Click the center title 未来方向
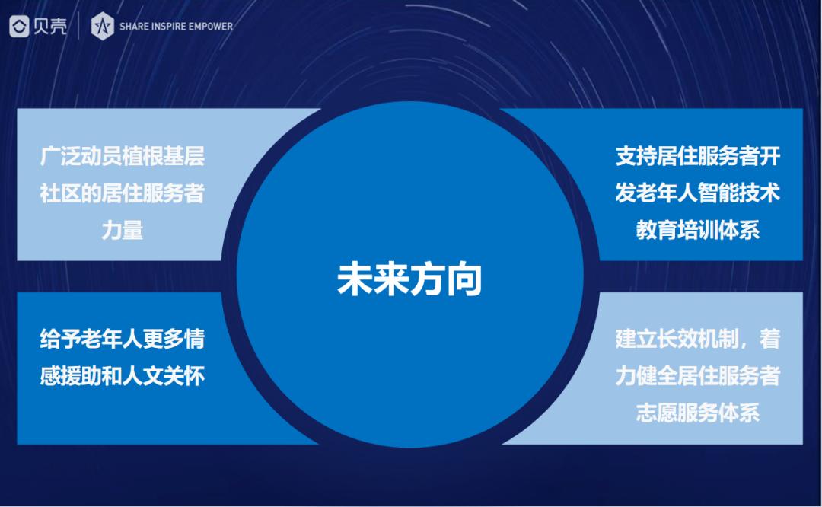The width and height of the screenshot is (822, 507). point(409,279)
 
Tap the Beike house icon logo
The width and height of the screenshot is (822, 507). point(19,26)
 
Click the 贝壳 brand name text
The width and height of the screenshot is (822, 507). point(50,26)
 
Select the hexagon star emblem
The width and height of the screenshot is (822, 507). point(102,26)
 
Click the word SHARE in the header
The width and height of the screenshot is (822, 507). point(134,26)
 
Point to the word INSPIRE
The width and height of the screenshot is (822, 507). point(168,26)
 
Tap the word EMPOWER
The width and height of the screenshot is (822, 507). point(211,26)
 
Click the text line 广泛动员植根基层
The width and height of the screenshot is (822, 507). point(122,156)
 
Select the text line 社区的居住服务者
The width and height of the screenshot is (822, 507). point(122,193)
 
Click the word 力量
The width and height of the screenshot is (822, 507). point(122,230)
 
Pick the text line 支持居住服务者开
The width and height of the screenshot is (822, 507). point(698,156)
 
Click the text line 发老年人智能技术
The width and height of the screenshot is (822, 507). point(698,193)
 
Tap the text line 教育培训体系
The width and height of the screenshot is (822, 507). point(698,230)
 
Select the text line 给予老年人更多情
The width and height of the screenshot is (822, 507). point(122,340)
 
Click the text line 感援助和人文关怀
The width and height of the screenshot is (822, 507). point(122,376)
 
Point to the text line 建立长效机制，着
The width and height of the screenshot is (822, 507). point(698,340)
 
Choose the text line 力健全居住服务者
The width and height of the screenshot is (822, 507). point(698,376)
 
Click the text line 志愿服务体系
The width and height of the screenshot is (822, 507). point(698,413)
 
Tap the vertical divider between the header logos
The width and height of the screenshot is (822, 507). point(78,26)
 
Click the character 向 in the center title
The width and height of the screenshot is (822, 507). point(464,279)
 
